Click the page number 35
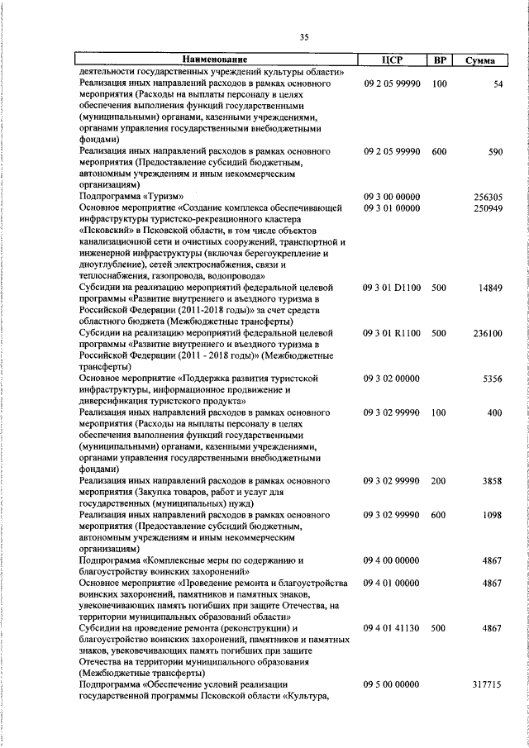coord(303,36)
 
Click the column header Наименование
coord(215,60)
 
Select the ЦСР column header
coord(393,60)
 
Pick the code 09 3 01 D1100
coord(393,287)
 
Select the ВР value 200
coord(439,480)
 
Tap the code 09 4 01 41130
coord(393,628)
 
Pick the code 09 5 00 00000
coord(393,685)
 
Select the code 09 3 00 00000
coord(393,197)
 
